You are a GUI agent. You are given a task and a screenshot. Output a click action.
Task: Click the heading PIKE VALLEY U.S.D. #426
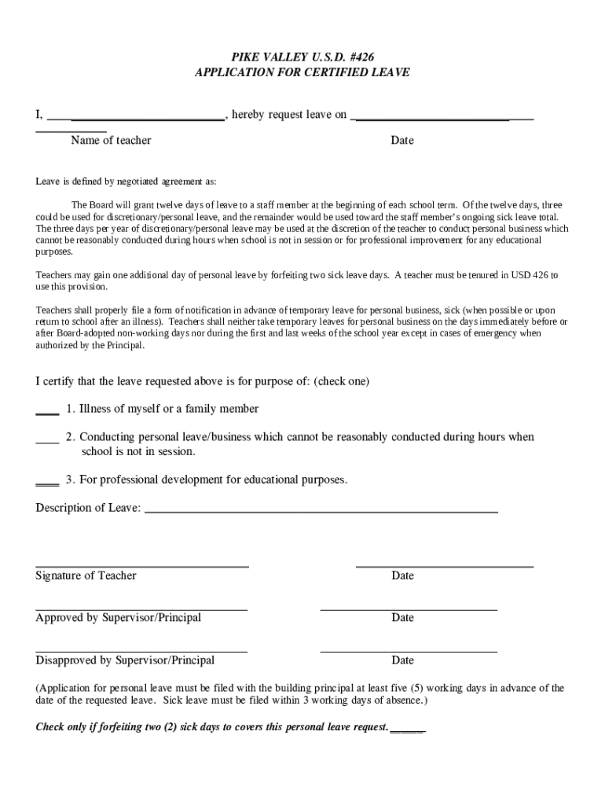(302, 57)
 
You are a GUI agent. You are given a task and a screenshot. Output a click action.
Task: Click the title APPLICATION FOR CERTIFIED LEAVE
(302, 72)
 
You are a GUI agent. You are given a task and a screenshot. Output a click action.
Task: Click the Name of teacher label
(111, 141)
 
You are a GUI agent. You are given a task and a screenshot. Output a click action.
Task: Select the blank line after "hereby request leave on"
(442, 119)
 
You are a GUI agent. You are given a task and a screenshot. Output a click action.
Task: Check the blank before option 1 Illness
(47, 412)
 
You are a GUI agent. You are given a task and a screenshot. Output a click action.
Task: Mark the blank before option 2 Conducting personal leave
(47, 440)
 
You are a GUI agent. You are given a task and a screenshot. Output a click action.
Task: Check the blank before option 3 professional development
(47, 483)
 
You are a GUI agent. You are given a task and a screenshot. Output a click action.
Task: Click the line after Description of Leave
(321, 511)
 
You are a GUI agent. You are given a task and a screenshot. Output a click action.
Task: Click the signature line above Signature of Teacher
(142, 564)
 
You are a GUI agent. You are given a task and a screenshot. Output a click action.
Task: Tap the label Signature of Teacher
(86, 576)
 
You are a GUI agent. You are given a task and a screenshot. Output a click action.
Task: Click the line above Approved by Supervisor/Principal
(141, 608)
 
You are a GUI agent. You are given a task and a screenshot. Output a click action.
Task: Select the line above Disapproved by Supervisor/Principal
(141, 651)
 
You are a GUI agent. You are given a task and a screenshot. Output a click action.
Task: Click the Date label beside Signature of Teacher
(402, 576)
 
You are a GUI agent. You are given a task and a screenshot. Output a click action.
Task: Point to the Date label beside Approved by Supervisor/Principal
(402, 618)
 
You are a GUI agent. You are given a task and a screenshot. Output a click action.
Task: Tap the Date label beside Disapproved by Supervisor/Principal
(402, 660)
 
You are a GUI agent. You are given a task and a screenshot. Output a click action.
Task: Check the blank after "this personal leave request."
(407, 730)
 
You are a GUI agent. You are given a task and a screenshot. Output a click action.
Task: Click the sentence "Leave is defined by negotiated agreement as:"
(126, 182)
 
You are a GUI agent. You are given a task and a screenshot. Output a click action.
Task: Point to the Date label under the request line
(402, 141)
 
